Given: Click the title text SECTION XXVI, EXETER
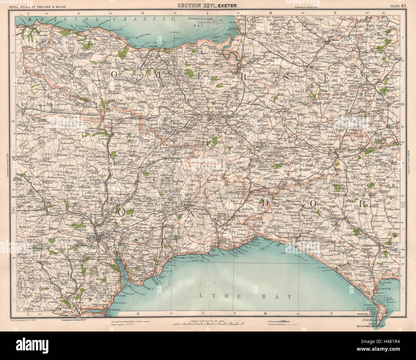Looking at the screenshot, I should point(208,4).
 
